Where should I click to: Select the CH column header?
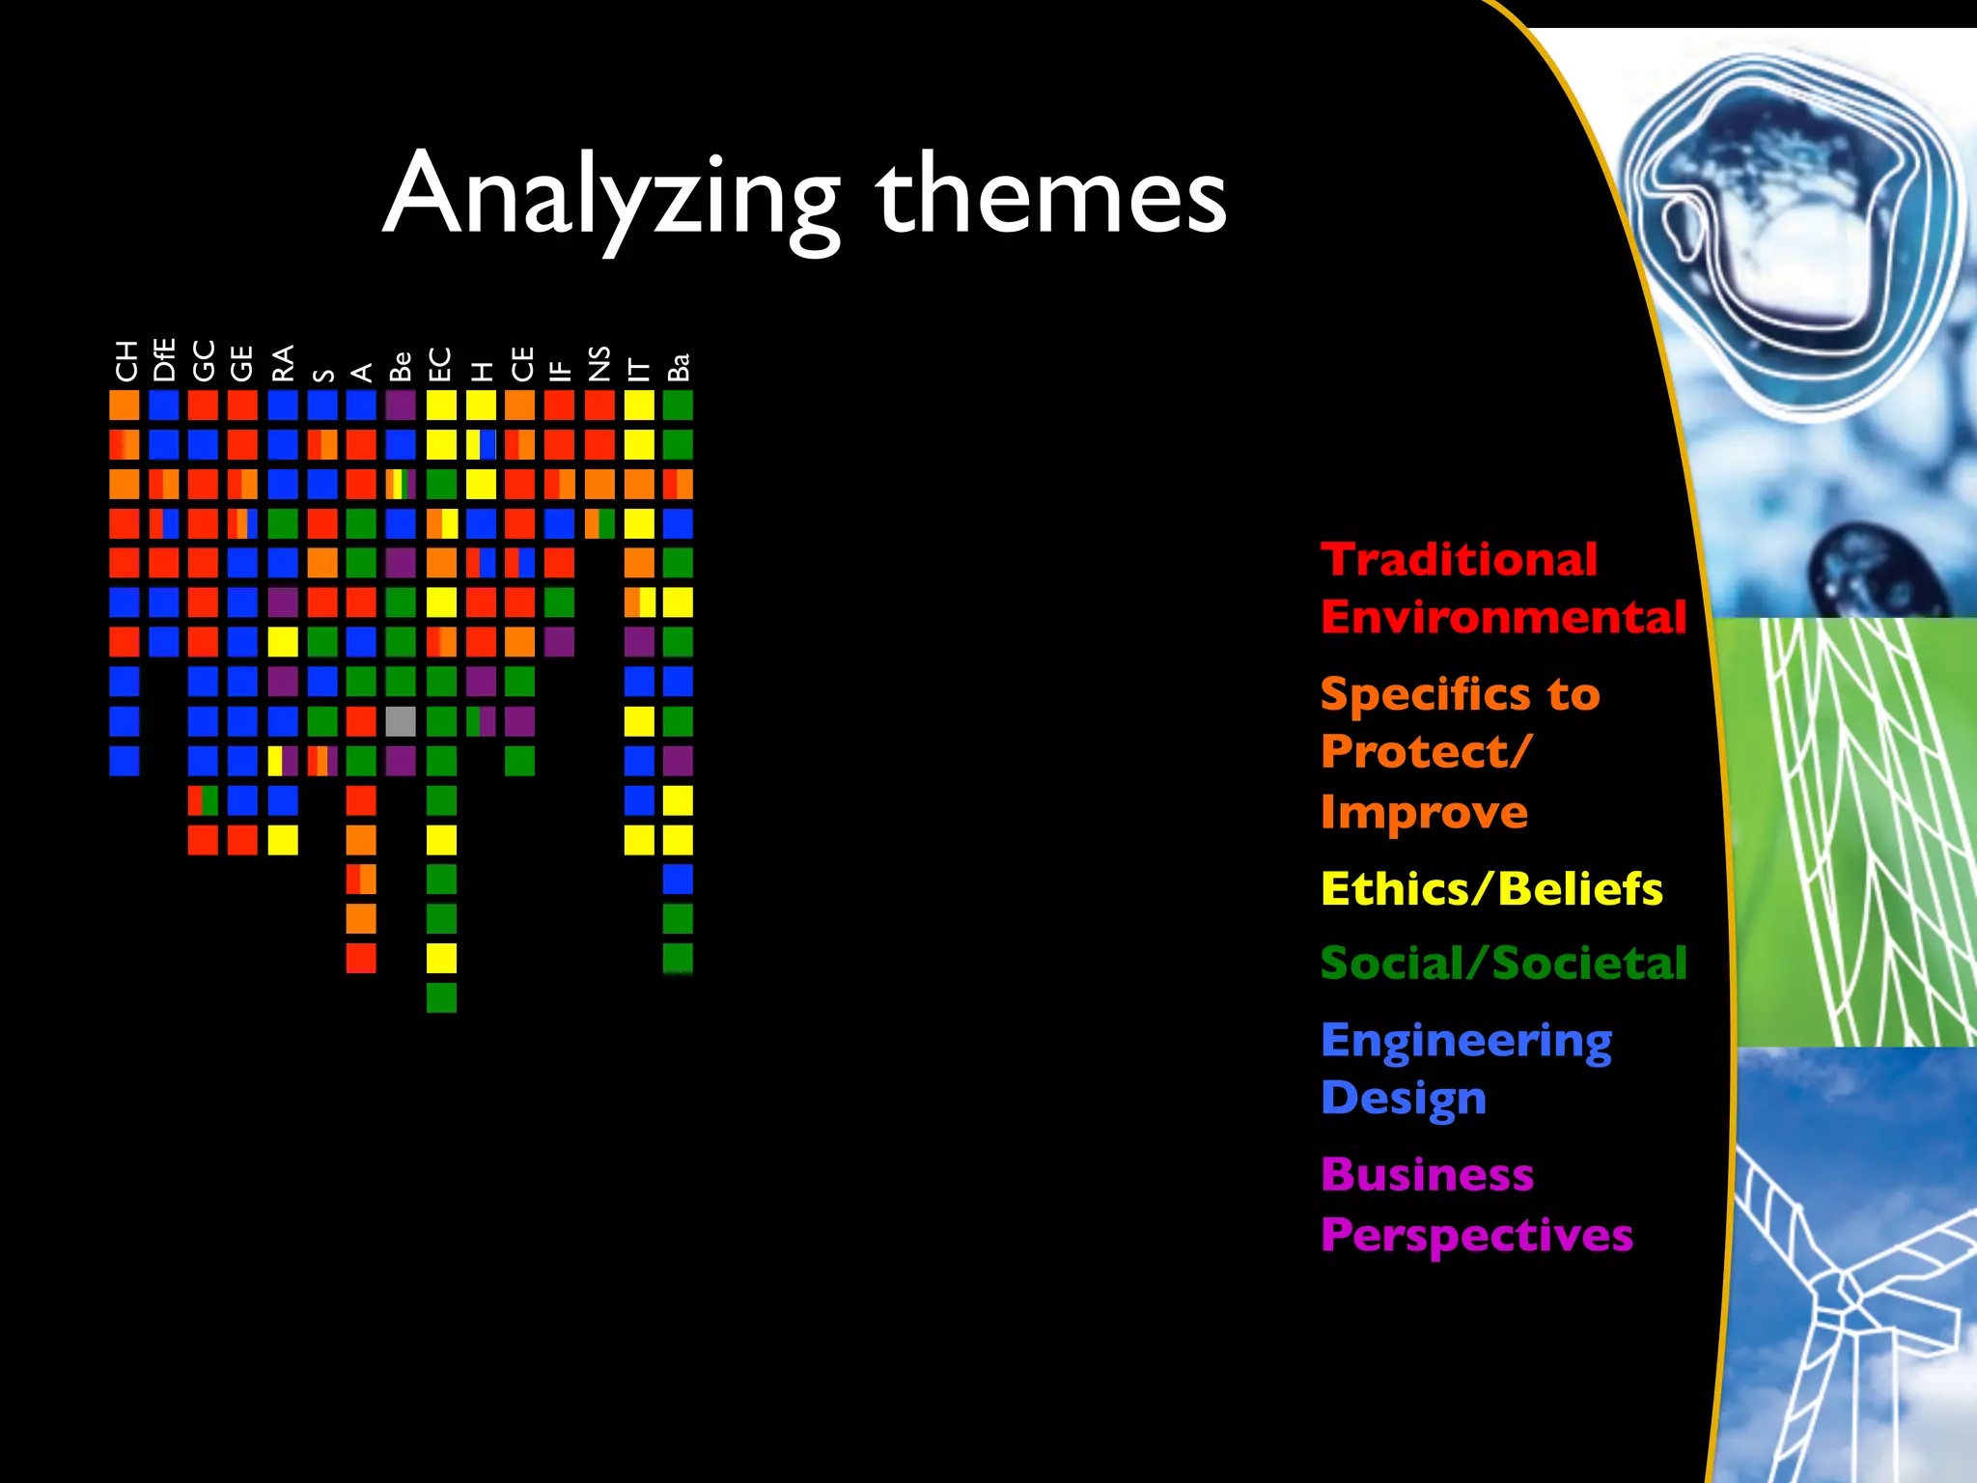coord(125,361)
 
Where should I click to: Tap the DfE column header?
coord(164,360)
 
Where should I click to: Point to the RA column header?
coord(283,363)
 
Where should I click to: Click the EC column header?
coord(440,364)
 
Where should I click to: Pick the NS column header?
coord(599,363)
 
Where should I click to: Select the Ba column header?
coord(679,367)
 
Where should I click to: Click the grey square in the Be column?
coord(401,721)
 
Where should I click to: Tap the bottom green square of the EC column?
coord(441,997)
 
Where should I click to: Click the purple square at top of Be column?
coord(401,405)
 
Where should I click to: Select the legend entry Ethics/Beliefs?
coord(1490,889)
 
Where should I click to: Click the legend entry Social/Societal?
coord(1503,964)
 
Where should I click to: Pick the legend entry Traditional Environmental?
coord(1502,588)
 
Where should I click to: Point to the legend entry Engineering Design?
coord(1465,1069)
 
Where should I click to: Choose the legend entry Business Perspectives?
coord(1476,1204)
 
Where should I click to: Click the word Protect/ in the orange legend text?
coord(1426,752)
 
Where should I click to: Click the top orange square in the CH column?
coord(125,405)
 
